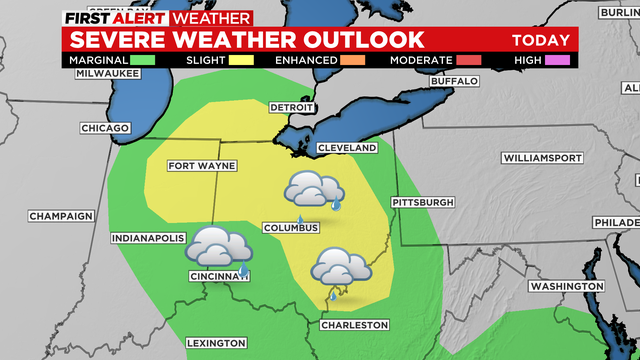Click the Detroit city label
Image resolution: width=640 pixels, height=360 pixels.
pos(292,107)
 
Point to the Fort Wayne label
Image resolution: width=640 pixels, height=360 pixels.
pos(196,165)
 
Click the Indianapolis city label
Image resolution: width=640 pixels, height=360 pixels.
pos(148,238)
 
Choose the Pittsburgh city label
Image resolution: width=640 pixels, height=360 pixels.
pos(424,201)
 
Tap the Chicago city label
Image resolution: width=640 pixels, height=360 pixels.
pos(106,128)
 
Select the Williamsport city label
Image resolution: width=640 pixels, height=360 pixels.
pos(540,158)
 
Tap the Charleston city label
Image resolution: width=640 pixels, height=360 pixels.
pos(354,325)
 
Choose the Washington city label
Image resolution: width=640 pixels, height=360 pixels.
pos(566,286)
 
